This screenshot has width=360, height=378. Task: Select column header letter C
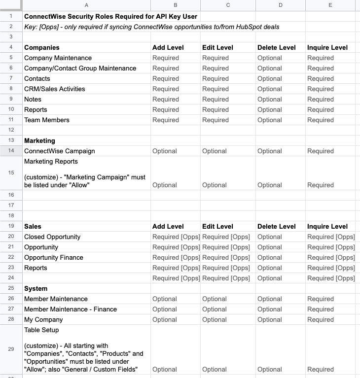click(x=227, y=5)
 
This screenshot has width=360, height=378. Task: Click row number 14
click(x=11, y=151)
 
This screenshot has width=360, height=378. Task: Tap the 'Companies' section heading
click(x=42, y=47)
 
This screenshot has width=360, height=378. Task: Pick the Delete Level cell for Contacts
click(x=269, y=78)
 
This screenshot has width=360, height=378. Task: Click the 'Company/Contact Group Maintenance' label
click(x=80, y=68)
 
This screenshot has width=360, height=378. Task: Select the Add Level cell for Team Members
click(x=166, y=120)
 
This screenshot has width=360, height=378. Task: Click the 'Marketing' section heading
click(x=39, y=140)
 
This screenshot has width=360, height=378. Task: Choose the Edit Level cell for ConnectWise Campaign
click(x=215, y=151)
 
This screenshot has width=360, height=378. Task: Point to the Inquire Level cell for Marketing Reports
click(x=320, y=185)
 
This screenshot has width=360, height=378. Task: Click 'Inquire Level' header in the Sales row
click(x=327, y=226)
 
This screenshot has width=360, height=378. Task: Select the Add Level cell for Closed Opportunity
click(x=176, y=237)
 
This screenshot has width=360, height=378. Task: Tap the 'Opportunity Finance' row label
click(x=54, y=257)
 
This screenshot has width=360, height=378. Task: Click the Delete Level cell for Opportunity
click(x=269, y=247)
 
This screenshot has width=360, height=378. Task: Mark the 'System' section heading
click(x=36, y=288)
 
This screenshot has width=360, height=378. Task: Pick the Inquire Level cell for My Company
click(x=320, y=319)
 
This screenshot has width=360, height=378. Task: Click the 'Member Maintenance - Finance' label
click(x=71, y=309)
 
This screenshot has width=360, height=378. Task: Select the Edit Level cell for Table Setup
click(x=215, y=369)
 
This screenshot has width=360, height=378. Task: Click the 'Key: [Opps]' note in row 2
click(x=152, y=27)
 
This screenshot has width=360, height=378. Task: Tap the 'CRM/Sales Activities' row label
click(x=54, y=89)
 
